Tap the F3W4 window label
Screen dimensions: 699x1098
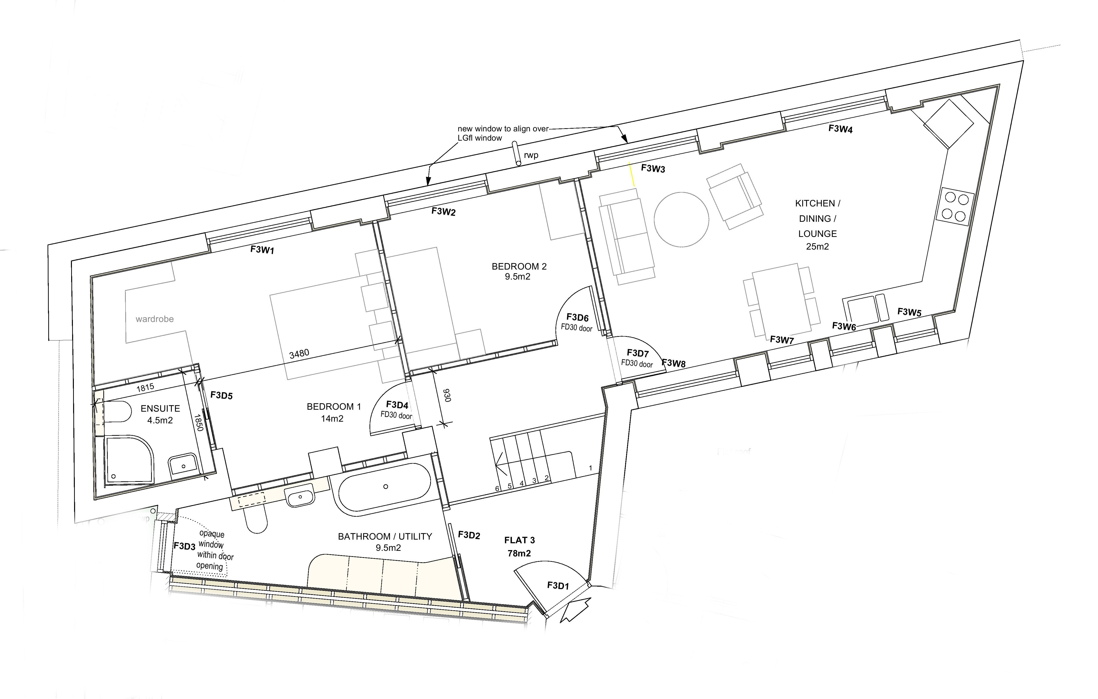click(x=840, y=129)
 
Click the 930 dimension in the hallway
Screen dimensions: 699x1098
click(x=447, y=395)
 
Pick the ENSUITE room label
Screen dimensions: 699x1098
click(x=160, y=408)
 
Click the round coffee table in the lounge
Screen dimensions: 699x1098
click(x=681, y=219)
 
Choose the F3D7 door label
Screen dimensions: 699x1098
click(x=637, y=353)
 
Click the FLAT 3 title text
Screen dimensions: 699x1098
click(x=519, y=540)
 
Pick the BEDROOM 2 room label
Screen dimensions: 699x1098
click(x=519, y=266)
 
